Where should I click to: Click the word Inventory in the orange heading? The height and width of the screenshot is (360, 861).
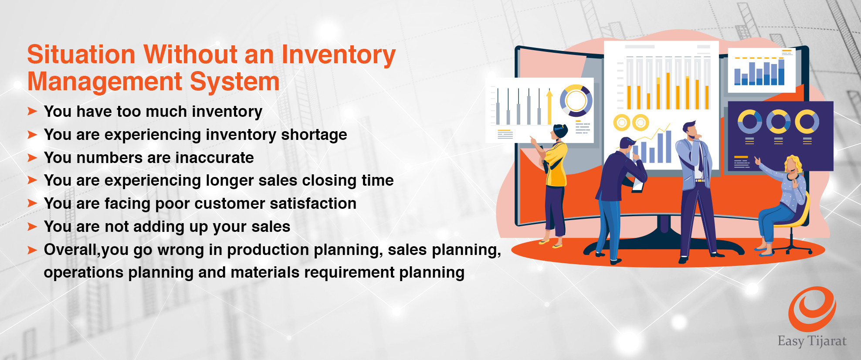pos(339,56)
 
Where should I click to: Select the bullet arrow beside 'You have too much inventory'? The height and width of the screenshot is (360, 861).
pos(32,112)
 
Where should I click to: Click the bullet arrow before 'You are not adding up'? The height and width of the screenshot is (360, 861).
pos(32,227)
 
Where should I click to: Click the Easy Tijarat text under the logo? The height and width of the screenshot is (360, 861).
pos(812,341)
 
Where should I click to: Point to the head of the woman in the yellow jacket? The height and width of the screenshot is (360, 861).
pos(559,132)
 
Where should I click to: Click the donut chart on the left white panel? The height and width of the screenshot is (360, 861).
pos(576,101)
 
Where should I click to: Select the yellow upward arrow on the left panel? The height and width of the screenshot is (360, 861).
pos(549,107)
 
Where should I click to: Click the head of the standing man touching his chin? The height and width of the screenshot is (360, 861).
pos(690,130)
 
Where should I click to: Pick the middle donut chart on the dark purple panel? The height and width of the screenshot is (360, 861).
pos(778,122)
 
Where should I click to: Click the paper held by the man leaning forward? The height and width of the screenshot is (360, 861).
pos(638,186)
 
